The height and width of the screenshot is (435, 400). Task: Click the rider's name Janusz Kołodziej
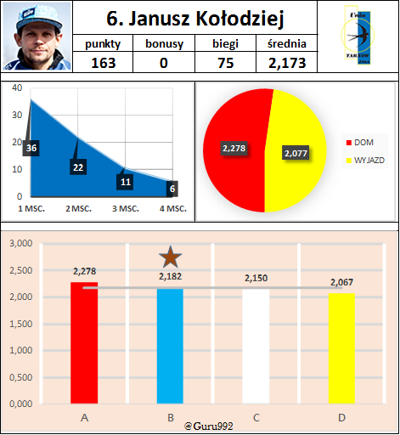click(x=195, y=18)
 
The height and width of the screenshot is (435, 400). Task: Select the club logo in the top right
click(x=356, y=37)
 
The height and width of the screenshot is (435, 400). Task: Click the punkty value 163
click(x=103, y=63)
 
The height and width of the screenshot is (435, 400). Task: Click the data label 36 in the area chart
click(x=31, y=149)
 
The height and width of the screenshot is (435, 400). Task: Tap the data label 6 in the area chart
click(x=173, y=189)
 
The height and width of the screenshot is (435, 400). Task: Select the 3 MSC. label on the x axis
click(x=125, y=208)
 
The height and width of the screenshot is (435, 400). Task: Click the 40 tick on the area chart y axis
click(x=17, y=88)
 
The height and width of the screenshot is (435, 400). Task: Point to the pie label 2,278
click(x=233, y=149)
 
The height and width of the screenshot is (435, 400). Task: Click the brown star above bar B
click(x=171, y=257)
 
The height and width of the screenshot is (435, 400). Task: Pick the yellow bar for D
click(x=340, y=348)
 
